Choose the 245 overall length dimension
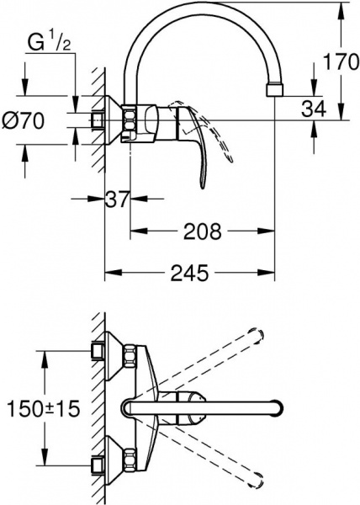pos(189,272)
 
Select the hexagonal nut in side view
pos(133,120)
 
